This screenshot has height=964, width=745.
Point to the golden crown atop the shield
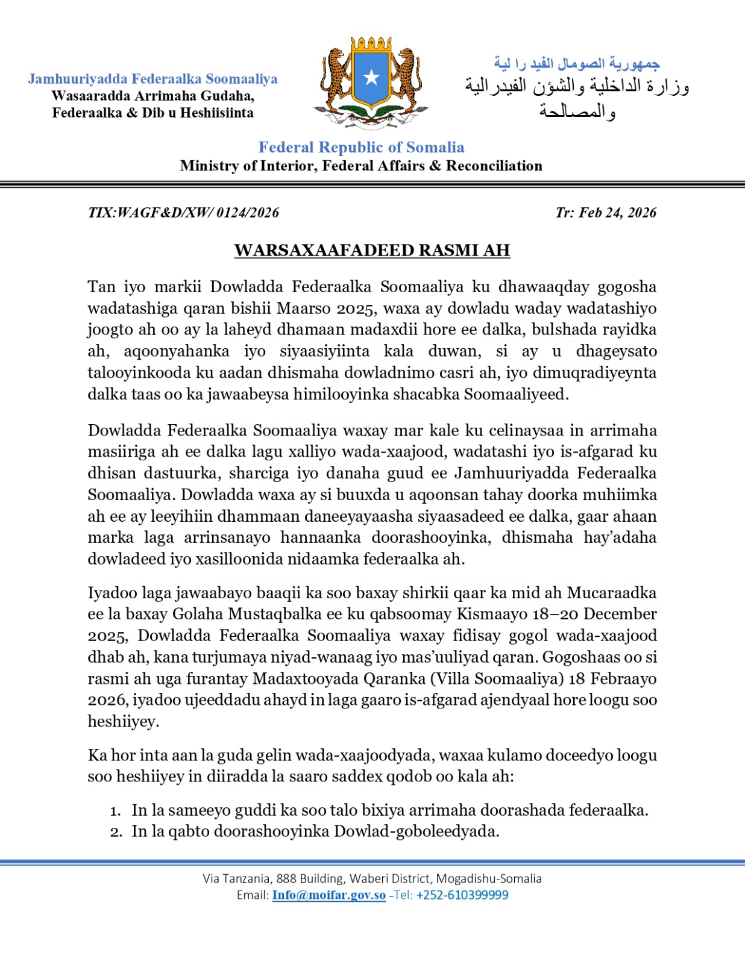pos(371,45)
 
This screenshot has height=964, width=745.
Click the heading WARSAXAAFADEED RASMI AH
pos(372,250)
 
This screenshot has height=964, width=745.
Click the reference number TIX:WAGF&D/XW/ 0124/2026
pos(183,213)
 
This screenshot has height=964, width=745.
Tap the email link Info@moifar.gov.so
pos(328,895)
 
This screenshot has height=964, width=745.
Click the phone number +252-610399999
pos(462,895)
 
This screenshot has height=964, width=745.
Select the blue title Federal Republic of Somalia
pos(361,148)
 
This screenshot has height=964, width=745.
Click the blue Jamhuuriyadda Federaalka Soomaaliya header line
pos(152,79)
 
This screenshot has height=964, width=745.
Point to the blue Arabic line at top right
pos(577,63)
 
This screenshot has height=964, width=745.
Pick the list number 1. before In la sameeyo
pos(115,811)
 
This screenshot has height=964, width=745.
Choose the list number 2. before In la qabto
pos(116,832)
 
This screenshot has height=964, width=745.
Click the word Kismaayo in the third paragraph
pos(489,614)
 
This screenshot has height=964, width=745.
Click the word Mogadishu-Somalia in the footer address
pos(489,878)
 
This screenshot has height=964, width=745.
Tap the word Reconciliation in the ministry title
pos(494,166)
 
